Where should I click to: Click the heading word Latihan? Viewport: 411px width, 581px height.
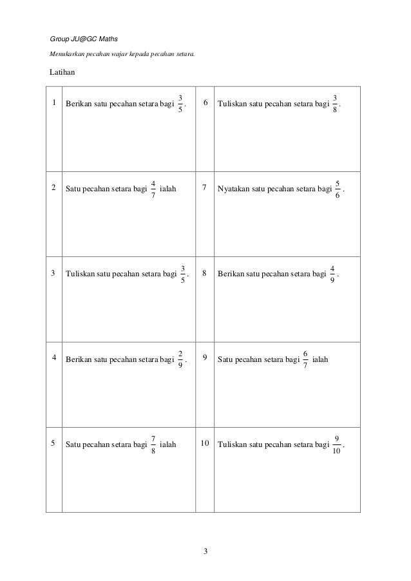coord(62,71)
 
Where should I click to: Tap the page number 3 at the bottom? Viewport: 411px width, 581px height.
coord(205,551)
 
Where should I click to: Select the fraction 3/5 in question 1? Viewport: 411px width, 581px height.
coord(180,102)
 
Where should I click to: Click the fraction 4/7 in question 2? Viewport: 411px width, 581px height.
coord(153,189)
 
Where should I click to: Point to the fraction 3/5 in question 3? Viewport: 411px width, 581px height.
coord(183,273)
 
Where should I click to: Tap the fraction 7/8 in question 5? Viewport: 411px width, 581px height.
coord(153,444)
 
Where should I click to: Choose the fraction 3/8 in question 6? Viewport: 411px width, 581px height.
coord(335,102)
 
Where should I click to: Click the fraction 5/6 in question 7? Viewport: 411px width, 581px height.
coord(338,189)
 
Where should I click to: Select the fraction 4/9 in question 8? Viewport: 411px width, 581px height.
coord(332,273)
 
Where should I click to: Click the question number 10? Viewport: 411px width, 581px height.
coord(205,443)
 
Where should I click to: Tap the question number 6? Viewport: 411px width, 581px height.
coord(205,102)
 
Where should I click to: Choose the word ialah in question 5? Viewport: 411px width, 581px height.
coord(168,444)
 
